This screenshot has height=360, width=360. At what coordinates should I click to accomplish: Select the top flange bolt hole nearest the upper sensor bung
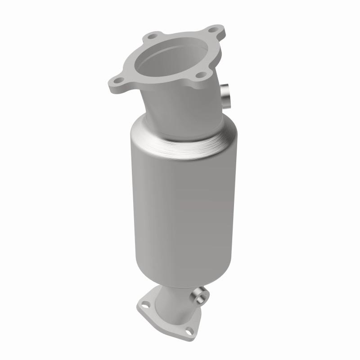pyautogui.click(x=203, y=74)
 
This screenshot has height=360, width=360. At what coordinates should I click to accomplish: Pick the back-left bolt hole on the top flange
pyautogui.click(x=154, y=36)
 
